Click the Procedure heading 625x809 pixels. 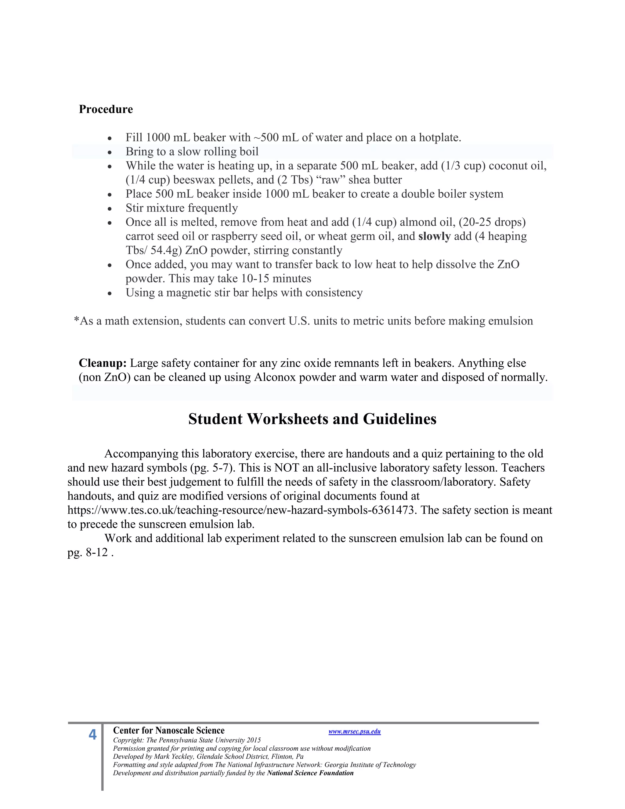(x=106, y=109)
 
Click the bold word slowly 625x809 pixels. (x=434, y=236)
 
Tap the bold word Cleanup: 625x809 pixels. (x=103, y=363)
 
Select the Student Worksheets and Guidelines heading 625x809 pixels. (x=312, y=419)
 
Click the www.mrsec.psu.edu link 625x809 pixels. (x=354, y=731)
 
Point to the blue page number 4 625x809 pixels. (x=92, y=735)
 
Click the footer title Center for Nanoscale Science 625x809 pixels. (x=168, y=731)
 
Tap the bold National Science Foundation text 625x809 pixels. (x=310, y=773)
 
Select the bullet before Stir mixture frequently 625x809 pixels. (x=110, y=209)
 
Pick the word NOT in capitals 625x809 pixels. (x=286, y=468)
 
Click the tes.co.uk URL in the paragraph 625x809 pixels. (x=241, y=510)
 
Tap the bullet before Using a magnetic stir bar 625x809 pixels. (x=110, y=293)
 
